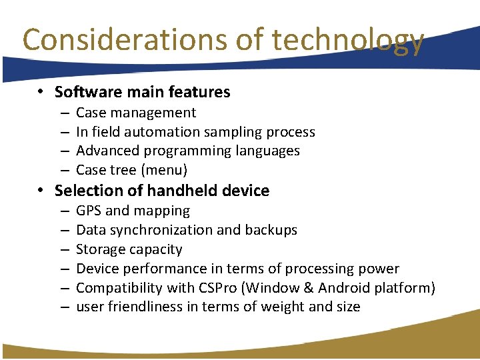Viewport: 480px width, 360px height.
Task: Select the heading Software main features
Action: click(x=142, y=92)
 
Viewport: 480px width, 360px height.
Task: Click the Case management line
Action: click(x=136, y=113)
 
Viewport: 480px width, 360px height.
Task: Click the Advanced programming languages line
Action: click(x=188, y=151)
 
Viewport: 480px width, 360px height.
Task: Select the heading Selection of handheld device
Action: click(x=162, y=191)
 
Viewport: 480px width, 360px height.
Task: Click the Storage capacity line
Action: click(x=129, y=249)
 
